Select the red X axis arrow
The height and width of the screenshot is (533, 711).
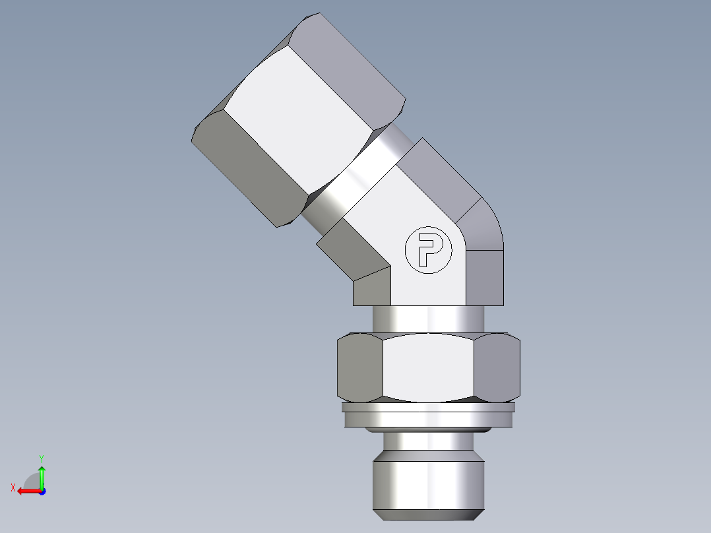tap(26, 491)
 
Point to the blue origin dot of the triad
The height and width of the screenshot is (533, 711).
tap(42, 491)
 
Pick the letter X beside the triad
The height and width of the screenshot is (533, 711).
tap(13, 488)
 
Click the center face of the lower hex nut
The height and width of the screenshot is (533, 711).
tap(429, 367)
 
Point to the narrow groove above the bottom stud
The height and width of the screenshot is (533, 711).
tap(429, 441)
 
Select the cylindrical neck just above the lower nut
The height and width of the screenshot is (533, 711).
tap(429, 319)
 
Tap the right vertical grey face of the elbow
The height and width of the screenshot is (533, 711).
tap(486, 277)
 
